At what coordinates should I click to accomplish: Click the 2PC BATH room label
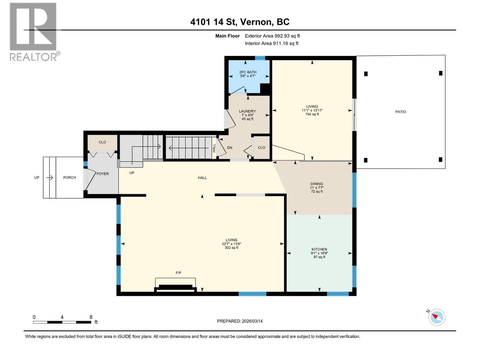click(x=248, y=72)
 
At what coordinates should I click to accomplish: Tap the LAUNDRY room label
click(x=247, y=111)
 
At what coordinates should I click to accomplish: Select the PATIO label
click(x=400, y=112)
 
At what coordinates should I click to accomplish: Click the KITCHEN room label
click(x=319, y=249)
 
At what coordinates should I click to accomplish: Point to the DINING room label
click(x=317, y=184)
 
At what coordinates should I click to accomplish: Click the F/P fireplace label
click(x=178, y=273)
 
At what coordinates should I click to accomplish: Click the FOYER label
click(x=103, y=174)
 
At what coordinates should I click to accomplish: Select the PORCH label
click(x=70, y=178)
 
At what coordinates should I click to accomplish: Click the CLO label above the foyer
click(x=102, y=142)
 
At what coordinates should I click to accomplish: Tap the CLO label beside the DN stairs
click(x=261, y=148)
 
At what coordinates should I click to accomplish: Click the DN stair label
click(x=229, y=148)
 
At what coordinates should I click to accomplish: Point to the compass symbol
click(x=436, y=317)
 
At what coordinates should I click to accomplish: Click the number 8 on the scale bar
click(x=91, y=317)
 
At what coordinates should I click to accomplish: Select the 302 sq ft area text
click(x=231, y=248)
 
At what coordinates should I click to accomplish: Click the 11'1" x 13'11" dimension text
click(x=312, y=110)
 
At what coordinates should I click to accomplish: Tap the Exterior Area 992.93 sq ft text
click(x=272, y=36)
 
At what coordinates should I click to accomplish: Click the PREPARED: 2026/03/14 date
click(x=240, y=321)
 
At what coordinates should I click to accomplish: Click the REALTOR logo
click(x=34, y=31)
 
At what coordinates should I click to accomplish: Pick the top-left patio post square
click(x=366, y=74)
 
